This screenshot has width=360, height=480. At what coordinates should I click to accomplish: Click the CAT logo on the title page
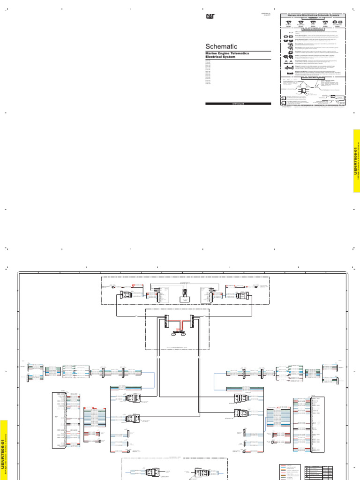click(210, 16)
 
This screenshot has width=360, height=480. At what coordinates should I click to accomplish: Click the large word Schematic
click(222, 46)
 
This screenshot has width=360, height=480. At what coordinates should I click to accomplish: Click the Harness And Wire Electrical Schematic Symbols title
click(313, 15)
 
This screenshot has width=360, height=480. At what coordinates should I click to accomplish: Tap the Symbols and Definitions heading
click(313, 28)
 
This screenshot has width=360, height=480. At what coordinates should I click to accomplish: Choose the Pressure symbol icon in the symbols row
click(289, 22)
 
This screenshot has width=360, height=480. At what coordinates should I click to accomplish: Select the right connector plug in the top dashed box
click(243, 296)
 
